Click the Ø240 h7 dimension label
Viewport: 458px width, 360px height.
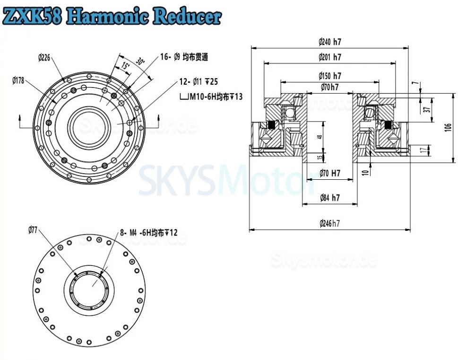click(x=330, y=42)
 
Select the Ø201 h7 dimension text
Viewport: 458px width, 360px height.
click(x=330, y=57)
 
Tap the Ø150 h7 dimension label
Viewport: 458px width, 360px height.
click(x=330, y=76)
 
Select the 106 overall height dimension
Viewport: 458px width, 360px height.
click(x=449, y=126)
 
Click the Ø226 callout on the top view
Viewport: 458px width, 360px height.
click(x=44, y=58)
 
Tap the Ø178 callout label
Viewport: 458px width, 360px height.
click(x=18, y=80)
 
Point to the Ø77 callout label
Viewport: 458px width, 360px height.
click(x=33, y=230)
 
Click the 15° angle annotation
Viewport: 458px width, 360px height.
click(x=125, y=65)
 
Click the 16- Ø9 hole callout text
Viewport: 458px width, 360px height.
click(x=184, y=57)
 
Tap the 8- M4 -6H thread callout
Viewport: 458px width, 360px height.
click(x=149, y=232)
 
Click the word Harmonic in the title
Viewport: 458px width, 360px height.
click(x=107, y=16)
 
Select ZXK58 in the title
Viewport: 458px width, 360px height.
click(x=33, y=16)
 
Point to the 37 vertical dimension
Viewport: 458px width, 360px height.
click(x=427, y=109)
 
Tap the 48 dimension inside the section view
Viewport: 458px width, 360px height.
click(x=320, y=137)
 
